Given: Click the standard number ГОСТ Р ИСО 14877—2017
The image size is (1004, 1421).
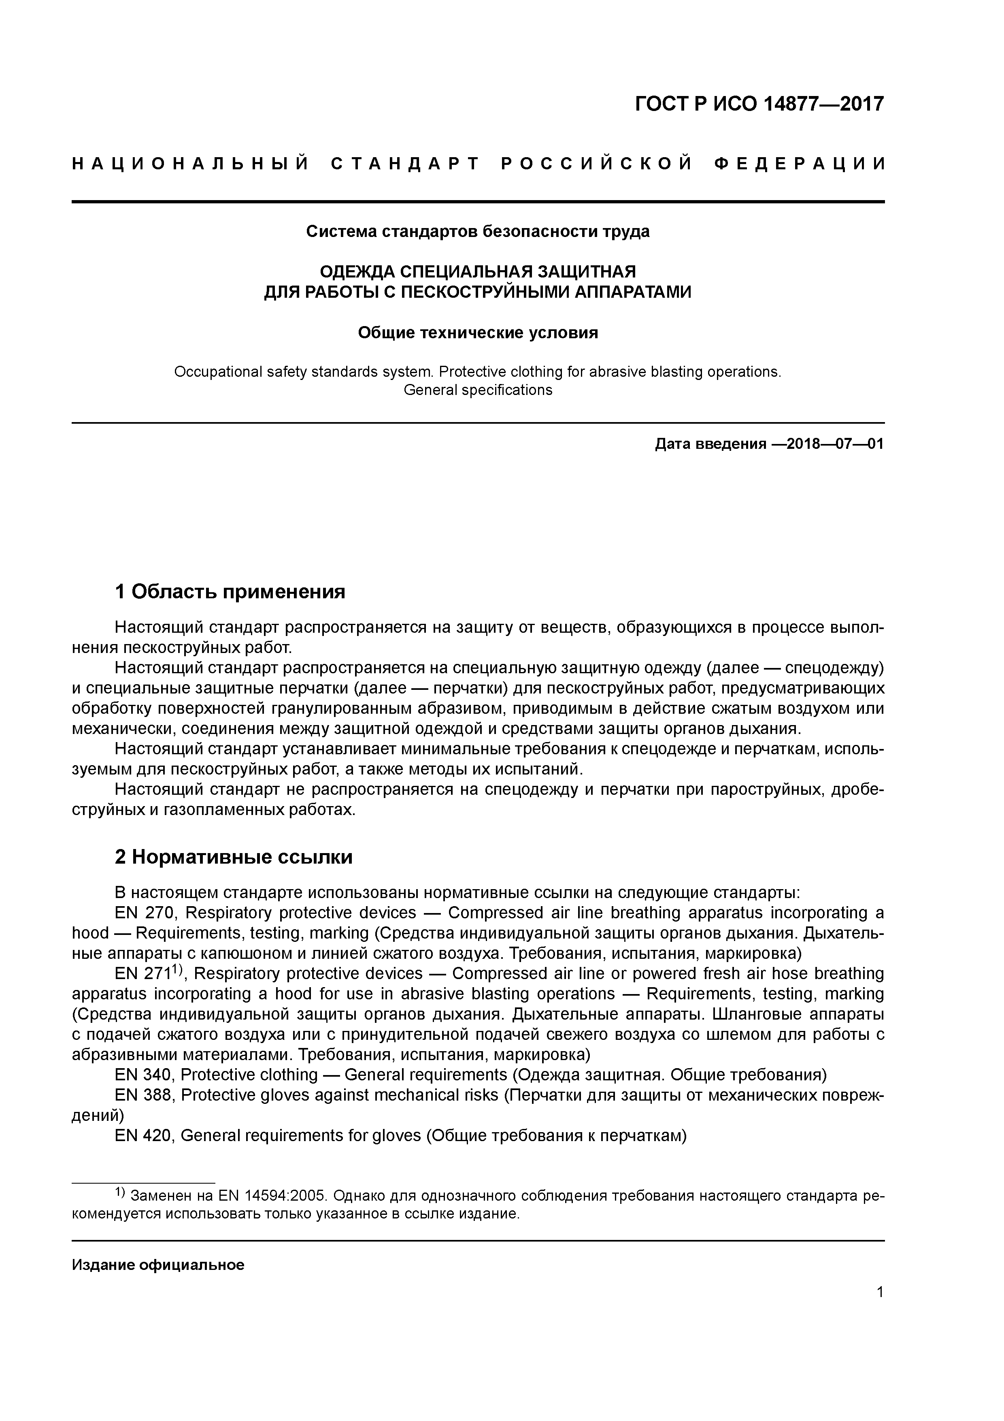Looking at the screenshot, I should click(759, 104).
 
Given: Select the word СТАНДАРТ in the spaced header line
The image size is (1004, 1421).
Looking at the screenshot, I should click(405, 164).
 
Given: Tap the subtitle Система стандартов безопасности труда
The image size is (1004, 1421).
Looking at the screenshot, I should click(478, 231).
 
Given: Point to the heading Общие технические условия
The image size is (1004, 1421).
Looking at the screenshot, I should click(478, 333).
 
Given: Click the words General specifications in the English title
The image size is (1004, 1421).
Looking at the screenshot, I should click(478, 390).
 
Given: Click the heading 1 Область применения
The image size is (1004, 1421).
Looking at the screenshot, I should click(230, 592).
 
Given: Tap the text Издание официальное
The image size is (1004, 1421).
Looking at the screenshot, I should click(158, 1264).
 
